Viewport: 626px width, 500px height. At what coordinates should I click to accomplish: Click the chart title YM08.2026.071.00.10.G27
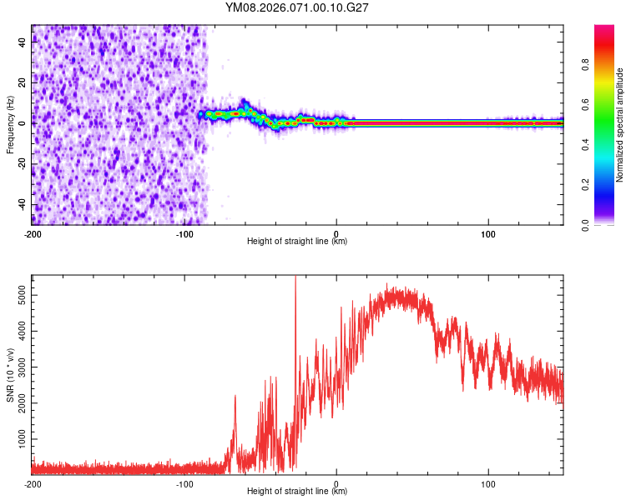coord(298,7)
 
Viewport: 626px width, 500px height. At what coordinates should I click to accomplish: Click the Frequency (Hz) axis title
coord(10,124)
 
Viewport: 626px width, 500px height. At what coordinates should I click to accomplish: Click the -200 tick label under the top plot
coord(33,232)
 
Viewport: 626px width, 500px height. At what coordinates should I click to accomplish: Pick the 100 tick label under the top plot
coord(488,232)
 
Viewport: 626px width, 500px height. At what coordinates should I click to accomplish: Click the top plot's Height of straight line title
coord(297,242)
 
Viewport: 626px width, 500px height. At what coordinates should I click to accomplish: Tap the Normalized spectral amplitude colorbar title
coord(619,125)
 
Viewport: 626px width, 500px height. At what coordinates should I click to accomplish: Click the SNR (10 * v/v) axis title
coord(10,374)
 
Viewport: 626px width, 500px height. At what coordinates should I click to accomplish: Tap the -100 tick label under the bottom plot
coord(184,482)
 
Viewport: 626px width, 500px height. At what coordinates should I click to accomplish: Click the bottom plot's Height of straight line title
coord(297,492)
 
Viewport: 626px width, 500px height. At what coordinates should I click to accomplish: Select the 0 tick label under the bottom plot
coord(336,482)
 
